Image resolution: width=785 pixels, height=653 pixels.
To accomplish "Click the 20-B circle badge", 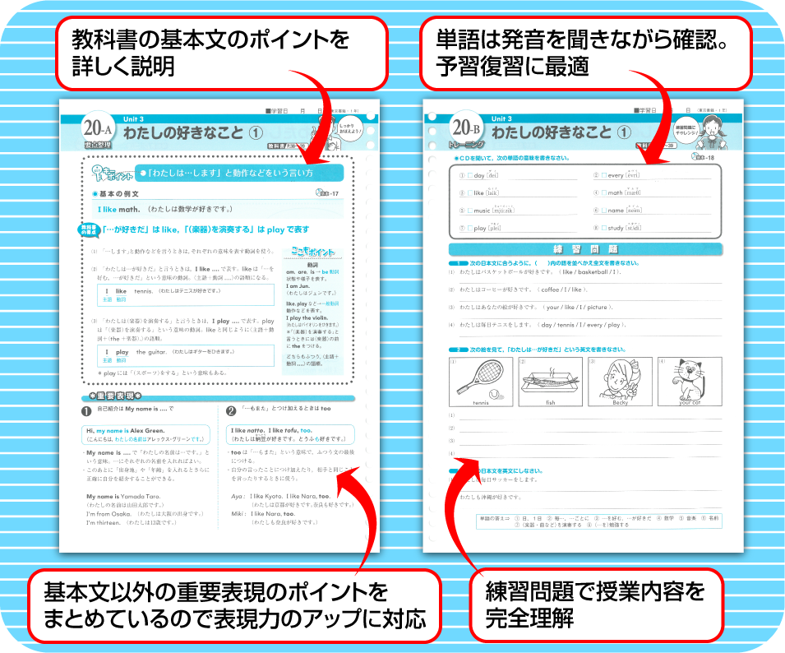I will (466, 129).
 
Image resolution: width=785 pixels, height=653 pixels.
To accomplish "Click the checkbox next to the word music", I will (469, 211).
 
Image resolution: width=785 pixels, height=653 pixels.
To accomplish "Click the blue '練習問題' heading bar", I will (584, 249).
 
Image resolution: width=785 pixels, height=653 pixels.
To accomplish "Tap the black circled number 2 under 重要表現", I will (231, 410).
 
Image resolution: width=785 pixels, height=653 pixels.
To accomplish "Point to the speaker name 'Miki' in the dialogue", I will (238, 512).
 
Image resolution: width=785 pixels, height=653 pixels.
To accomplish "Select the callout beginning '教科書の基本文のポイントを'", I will (221, 52).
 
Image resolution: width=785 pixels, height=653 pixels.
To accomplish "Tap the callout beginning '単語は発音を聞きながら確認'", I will (585, 52).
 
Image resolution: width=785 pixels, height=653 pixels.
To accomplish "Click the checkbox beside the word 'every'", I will (601, 176).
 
